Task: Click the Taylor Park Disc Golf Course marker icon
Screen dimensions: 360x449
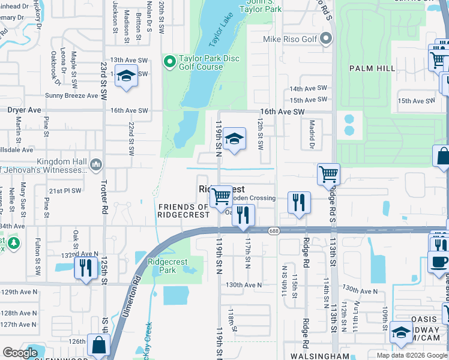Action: click(170, 61)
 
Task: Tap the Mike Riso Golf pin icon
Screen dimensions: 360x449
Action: click(326, 40)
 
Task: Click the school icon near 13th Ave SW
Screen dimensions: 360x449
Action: click(126, 77)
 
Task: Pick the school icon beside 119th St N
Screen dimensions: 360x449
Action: click(234, 139)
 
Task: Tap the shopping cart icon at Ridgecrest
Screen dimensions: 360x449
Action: click(221, 196)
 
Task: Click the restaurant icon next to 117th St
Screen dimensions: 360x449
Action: click(243, 214)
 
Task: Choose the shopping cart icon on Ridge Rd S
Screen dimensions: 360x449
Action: click(328, 175)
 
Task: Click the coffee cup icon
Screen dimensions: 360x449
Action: click(439, 263)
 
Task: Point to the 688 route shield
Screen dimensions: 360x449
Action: click(274, 230)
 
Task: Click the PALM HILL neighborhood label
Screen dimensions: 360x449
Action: click(372, 68)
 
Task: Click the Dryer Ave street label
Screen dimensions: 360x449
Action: click(24, 110)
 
